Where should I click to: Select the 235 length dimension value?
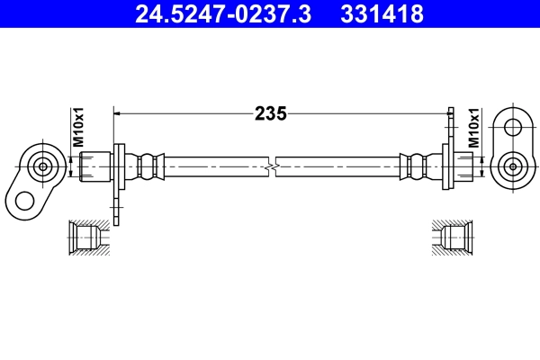click(x=270, y=114)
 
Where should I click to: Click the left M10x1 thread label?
click(x=78, y=128)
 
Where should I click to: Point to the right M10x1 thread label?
click(x=473, y=128)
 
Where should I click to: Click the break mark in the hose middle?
click(x=271, y=166)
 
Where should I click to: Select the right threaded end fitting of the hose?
click(x=462, y=166)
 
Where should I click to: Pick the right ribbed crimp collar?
click(x=415, y=166)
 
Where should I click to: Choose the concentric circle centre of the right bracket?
click(x=512, y=166)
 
